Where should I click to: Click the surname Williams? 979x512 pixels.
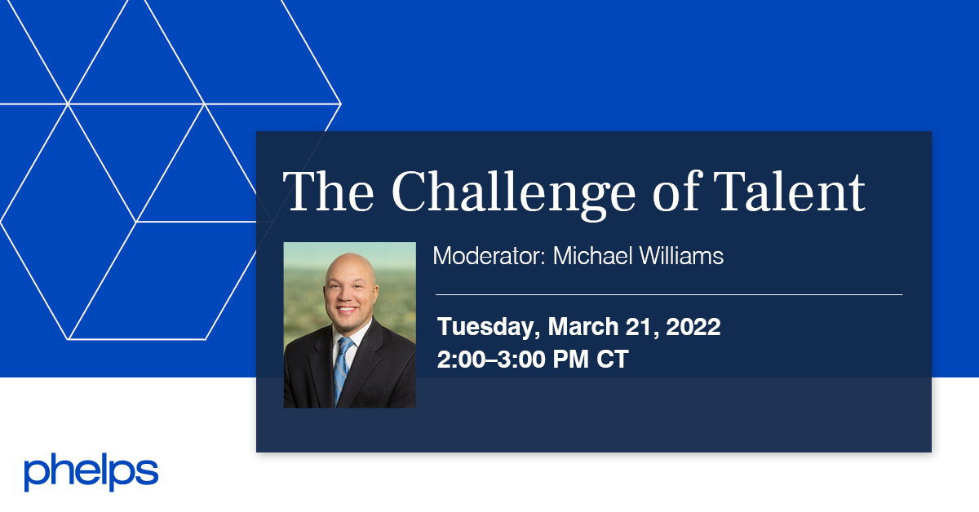(681, 256)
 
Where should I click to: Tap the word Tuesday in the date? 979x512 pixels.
(486, 328)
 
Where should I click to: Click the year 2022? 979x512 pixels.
(693, 327)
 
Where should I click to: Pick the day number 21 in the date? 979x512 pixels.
(642, 327)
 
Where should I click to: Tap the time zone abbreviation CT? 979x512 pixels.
(612, 360)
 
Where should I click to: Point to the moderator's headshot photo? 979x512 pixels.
(349, 324)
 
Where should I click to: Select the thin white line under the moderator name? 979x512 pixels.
(669, 294)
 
